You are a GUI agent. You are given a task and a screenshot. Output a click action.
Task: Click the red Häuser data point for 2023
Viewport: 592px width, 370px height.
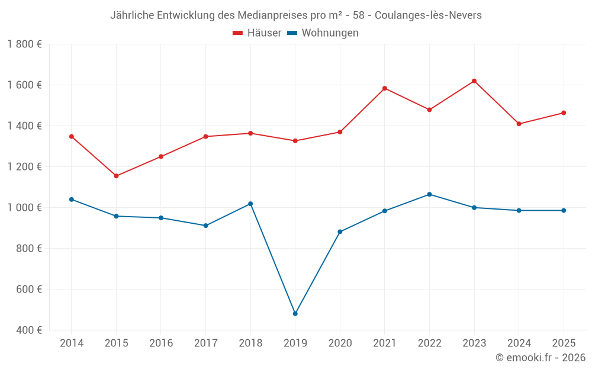point(474,81)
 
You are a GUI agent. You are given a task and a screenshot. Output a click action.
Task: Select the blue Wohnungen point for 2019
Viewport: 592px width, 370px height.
point(295,314)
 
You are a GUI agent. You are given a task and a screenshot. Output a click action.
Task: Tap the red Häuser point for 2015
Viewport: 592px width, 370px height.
point(116,176)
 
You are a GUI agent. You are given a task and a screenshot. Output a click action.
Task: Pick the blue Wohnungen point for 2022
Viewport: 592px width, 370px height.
point(429,194)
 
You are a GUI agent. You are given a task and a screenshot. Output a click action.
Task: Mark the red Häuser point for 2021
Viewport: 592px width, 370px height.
point(385,88)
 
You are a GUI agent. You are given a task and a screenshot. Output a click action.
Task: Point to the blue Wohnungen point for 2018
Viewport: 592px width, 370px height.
point(250,204)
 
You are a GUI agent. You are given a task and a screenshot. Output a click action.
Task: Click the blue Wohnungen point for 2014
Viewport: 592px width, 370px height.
point(72,200)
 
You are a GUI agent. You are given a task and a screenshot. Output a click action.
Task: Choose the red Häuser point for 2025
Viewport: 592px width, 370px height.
point(564,113)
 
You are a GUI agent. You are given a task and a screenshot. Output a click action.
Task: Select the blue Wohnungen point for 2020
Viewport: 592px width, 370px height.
point(340,232)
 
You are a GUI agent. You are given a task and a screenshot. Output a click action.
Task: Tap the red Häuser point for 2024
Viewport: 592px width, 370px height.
point(519,124)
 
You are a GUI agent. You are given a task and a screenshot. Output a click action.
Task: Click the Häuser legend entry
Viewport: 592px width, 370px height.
point(257,33)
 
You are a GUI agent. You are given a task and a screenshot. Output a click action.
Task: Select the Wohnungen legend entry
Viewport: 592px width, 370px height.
point(323,33)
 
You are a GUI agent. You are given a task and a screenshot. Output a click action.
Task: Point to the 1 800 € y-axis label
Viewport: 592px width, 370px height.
point(24,44)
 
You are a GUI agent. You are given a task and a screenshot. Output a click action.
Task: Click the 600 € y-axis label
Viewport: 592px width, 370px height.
point(29,289)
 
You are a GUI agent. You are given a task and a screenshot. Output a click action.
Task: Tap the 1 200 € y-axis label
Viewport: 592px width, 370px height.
point(24,166)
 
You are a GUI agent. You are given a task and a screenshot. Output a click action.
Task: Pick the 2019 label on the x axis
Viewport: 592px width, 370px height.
point(295,343)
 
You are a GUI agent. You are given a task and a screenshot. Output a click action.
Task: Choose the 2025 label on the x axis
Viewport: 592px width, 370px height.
point(564,343)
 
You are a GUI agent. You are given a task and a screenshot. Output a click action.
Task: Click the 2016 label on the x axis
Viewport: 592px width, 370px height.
point(161,343)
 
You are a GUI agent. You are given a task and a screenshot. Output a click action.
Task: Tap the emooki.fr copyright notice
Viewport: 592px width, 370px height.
point(540,357)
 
